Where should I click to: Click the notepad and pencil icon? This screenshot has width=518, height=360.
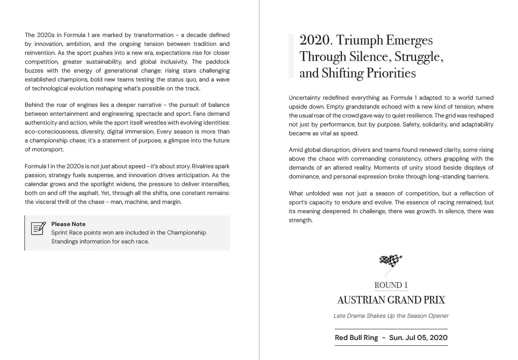38,228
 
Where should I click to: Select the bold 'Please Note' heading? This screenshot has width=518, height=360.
68,224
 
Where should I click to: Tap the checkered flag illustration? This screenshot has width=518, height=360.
391,264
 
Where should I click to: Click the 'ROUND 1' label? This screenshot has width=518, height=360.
391,285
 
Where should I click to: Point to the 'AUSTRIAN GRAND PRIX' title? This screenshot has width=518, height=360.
391,300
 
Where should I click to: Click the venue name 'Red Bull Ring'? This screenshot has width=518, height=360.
356,337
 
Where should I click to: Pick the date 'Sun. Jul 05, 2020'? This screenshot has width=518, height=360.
418,337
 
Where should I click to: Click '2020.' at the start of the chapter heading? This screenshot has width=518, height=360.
315,40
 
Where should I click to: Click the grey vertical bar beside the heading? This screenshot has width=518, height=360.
291,56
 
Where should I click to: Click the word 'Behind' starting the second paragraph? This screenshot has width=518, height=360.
34,105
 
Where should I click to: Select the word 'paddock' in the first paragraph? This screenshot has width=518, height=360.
217,62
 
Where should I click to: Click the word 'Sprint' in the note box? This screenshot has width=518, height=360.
60,233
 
